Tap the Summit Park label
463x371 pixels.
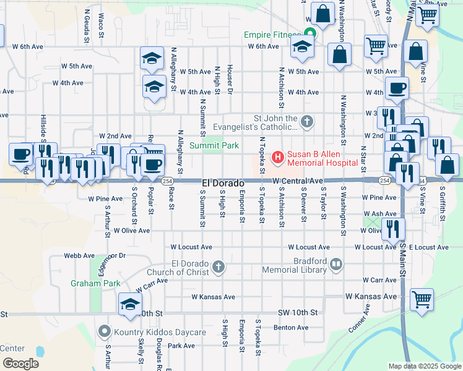click(214, 146)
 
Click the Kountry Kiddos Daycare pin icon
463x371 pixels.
click(105, 332)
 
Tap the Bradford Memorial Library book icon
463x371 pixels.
click(336, 265)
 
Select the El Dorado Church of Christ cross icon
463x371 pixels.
click(218, 267)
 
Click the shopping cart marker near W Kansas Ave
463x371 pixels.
click(422, 299)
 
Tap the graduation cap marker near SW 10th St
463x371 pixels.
click(130, 304)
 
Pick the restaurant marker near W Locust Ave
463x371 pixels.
click(393, 229)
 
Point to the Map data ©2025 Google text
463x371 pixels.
click(424, 366)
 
